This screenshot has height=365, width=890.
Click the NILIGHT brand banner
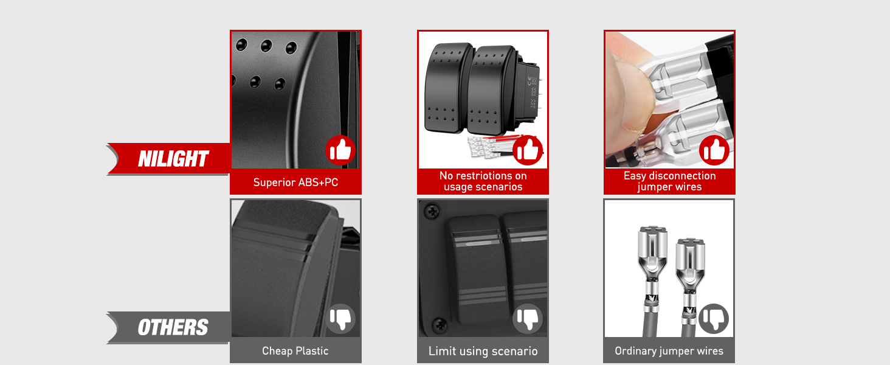click(x=173, y=159)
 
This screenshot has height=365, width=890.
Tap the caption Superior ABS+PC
click(x=295, y=182)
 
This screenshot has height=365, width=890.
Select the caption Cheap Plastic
click(x=295, y=351)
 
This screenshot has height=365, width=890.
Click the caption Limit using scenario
click(x=483, y=351)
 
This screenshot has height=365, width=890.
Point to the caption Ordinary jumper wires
click(x=669, y=351)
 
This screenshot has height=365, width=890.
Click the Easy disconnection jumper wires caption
click(x=669, y=181)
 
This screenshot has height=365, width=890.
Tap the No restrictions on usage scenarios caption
click(x=483, y=181)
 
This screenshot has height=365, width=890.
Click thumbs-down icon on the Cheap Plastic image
click(x=340, y=318)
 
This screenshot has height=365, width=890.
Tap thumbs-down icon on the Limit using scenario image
click(x=528, y=318)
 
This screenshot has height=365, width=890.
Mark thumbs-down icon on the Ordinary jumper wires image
click(x=714, y=318)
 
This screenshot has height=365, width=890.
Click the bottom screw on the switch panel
click(x=435, y=324)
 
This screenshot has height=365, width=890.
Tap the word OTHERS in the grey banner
click(x=173, y=328)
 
